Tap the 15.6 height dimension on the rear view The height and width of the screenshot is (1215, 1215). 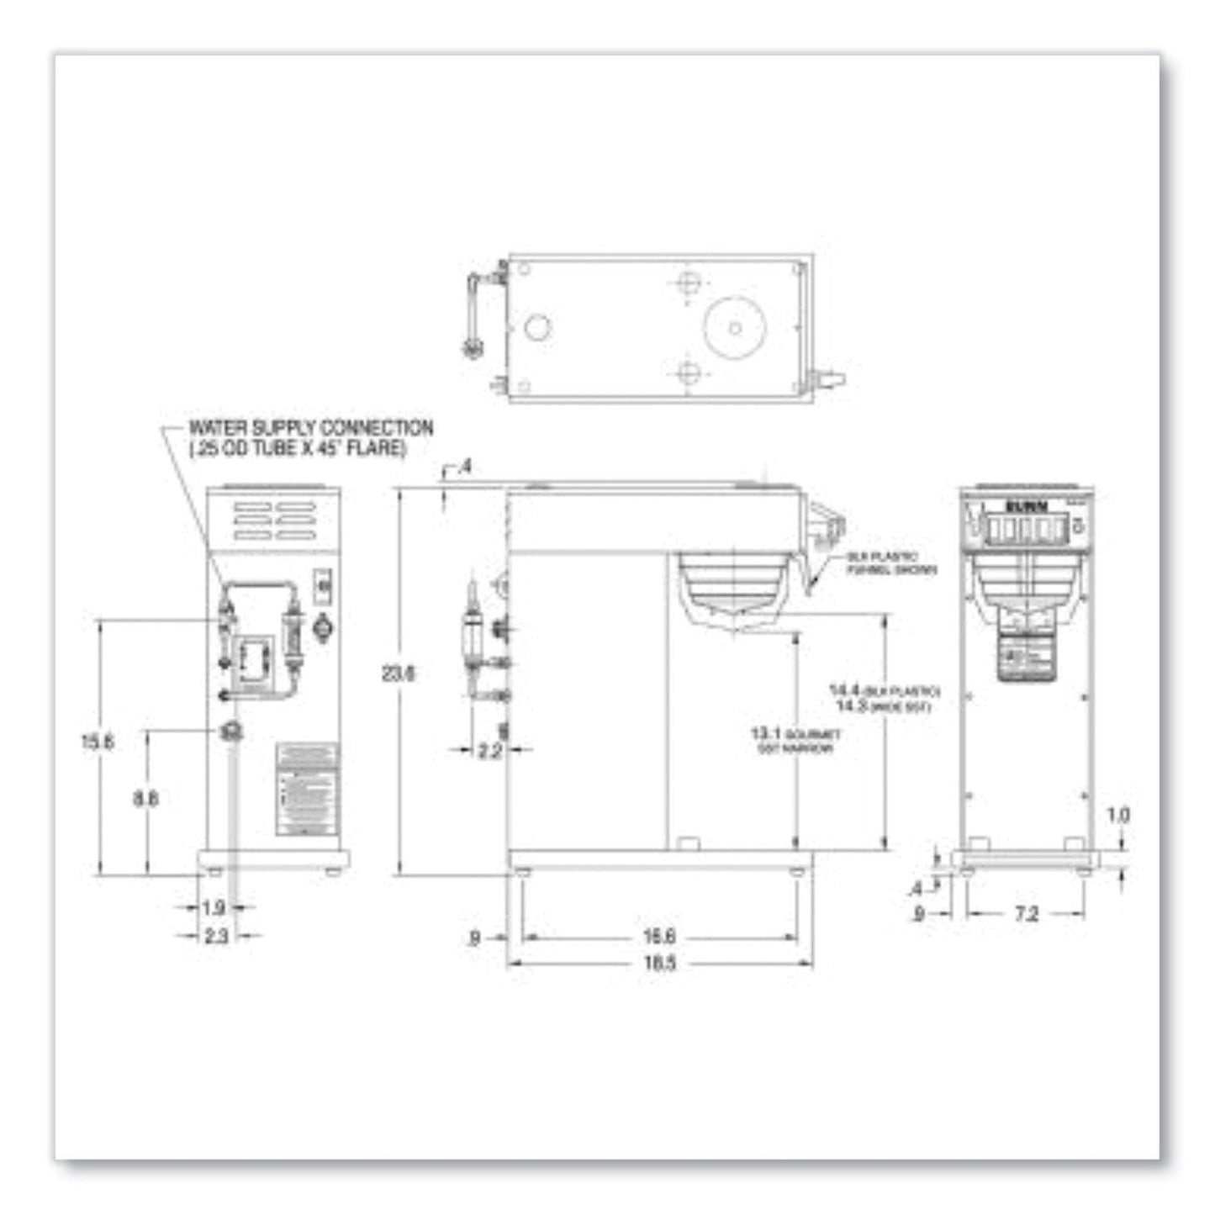pos(98,742)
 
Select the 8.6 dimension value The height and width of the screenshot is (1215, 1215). pos(145,798)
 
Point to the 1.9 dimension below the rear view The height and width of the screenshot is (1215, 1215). pos(214,908)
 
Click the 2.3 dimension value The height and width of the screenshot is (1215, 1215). pos(216,936)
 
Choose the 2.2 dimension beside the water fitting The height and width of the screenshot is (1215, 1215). pos(489,751)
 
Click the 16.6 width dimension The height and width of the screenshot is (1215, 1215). pos(659,936)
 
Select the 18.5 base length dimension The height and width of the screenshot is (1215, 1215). pos(659,964)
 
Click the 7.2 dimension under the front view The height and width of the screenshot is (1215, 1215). pos(1027,914)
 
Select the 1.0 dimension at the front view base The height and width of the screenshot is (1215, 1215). pos(1117,815)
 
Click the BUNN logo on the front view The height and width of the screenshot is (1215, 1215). pos(1027,506)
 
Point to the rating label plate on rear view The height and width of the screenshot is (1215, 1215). pos(307,789)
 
